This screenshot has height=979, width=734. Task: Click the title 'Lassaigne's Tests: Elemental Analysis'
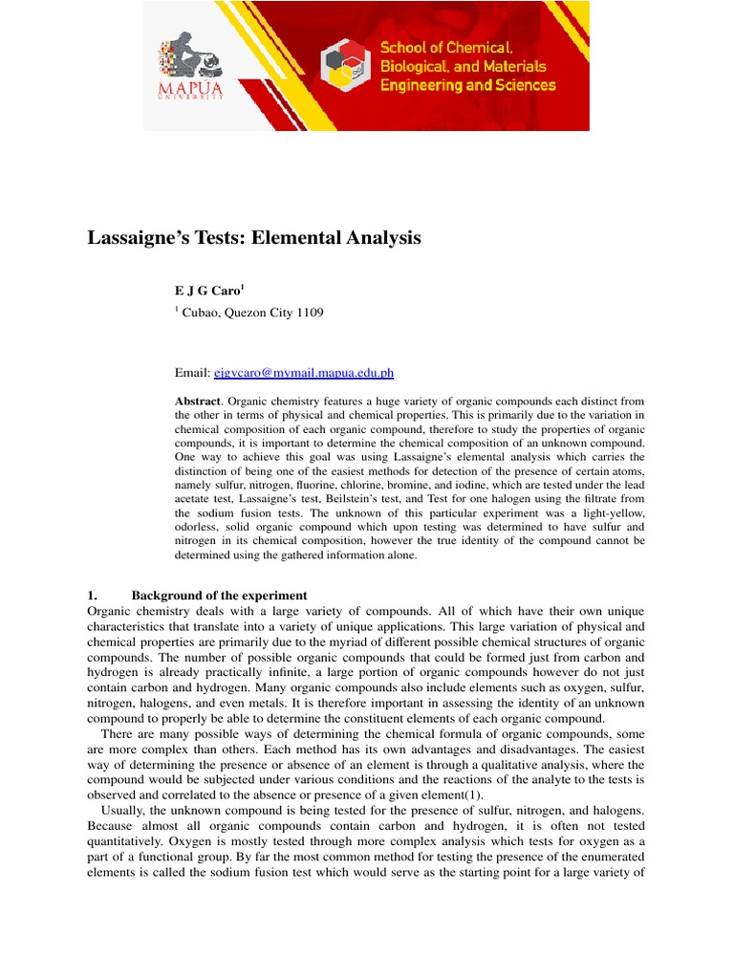253,238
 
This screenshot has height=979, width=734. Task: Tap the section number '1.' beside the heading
93,595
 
